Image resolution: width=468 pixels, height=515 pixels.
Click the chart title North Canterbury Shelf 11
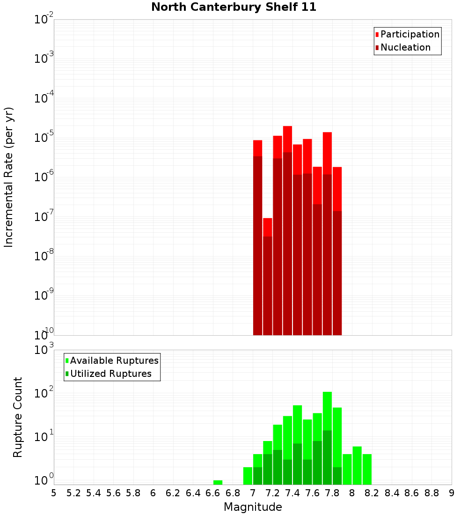click(x=234, y=7)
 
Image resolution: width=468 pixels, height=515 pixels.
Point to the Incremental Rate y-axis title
click(x=9, y=177)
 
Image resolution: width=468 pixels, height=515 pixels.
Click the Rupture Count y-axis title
click(x=18, y=417)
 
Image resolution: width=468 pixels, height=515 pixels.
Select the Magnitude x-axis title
click(x=253, y=507)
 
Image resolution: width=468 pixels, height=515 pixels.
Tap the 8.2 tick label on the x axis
click(x=372, y=493)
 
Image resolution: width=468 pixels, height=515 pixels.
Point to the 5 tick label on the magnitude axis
click(x=54, y=493)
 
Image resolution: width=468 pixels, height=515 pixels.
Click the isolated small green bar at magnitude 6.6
click(x=218, y=482)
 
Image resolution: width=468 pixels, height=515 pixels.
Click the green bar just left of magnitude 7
click(x=248, y=476)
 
